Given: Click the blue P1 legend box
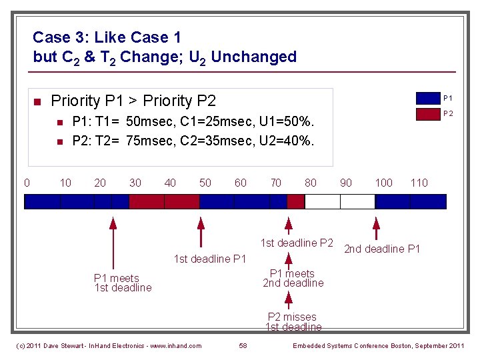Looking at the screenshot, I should point(432,99).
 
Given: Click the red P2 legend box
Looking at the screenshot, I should point(432,113).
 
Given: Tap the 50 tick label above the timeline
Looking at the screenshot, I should point(205,183).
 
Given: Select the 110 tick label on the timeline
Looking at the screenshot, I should point(419,183).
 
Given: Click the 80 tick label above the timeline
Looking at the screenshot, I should point(311,183).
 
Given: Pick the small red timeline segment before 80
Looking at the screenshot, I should point(295,201).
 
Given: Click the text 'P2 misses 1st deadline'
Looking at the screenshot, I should point(293,322).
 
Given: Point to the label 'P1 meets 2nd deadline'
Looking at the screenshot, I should point(292,278).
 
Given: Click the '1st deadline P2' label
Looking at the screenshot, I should point(297,243).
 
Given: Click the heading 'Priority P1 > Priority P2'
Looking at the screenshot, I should point(133,101).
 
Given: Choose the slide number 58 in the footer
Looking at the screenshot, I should point(243,345).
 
